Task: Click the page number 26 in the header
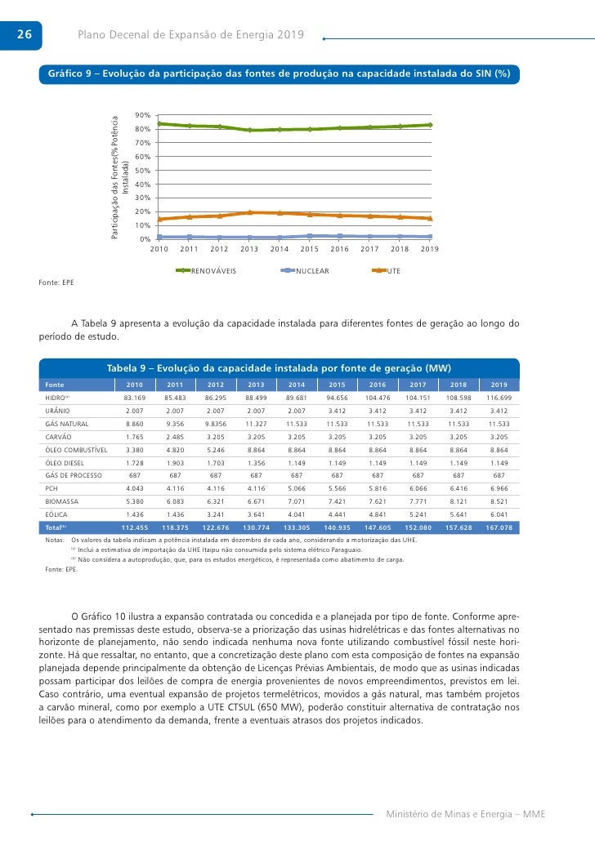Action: click(x=23, y=34)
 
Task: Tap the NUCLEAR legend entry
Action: click(x=312, y=270)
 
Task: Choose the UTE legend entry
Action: click(x=393, y=270)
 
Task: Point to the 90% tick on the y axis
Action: click(x=142, y=115)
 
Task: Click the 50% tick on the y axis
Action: click(x=142, y=171)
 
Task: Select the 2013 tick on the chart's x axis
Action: click(x=249, y=249)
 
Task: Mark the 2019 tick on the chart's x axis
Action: click(x=430, y=249)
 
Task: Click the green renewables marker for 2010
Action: click(x=159, y=123)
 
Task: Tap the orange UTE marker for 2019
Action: click(x=430, y=218)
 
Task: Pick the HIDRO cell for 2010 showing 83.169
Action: click(x=134, y=398)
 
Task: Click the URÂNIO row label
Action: click(x=59, y=411)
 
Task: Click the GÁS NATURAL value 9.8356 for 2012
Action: click(x=215, y=424)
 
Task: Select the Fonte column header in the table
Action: click(x=56, y=385)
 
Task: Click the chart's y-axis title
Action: click(x=120, y=176)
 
